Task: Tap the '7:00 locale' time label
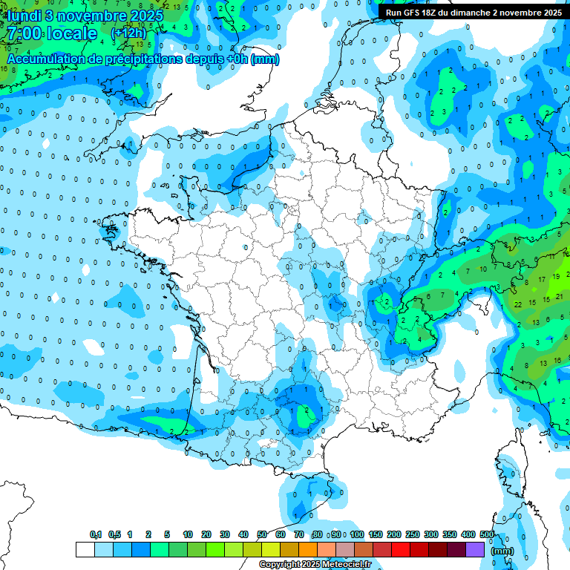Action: point(49,34)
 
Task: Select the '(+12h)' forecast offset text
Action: point(128,33)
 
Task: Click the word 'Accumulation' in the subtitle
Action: point(45,59)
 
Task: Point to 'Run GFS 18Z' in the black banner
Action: point(412,13)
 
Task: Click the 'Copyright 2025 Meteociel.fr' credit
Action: point(315,564)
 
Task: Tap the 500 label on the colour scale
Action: point(487,534)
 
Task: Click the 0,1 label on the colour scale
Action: point(96,534)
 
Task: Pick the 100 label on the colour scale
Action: point(357,534)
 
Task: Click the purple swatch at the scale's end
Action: point(475,549)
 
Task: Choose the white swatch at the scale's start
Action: point(85,549)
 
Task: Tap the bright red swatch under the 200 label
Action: point(401,549)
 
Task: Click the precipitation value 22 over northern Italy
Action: point(518,304)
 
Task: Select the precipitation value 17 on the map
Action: point(543,278)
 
